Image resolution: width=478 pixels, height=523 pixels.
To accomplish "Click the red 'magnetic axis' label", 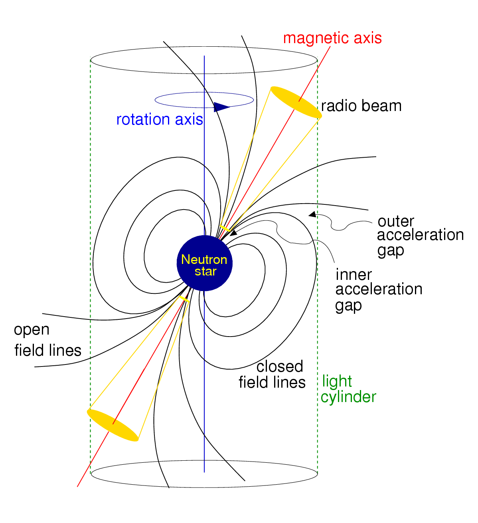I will (332, 38).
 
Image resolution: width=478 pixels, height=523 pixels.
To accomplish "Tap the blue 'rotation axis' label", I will (160, 119).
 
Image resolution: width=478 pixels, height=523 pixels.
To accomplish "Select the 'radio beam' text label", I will (361, 106).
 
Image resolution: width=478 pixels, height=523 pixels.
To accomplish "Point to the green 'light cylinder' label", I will (348, 389).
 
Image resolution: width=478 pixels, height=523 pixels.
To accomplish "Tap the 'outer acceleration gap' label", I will (420, 236).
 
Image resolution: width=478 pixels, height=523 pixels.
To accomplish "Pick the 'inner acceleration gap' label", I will (378, 289).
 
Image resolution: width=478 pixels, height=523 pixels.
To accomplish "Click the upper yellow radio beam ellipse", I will (296, 103).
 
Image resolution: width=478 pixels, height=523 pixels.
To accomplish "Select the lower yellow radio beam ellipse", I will (113, 425).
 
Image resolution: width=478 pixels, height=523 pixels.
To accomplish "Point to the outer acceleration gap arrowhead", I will (312, 214).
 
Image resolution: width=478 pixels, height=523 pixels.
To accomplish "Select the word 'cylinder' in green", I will (348, 397).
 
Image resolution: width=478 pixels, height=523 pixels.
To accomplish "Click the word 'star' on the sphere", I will (205, 271).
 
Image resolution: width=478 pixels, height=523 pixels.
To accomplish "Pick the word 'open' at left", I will (32, 330).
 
